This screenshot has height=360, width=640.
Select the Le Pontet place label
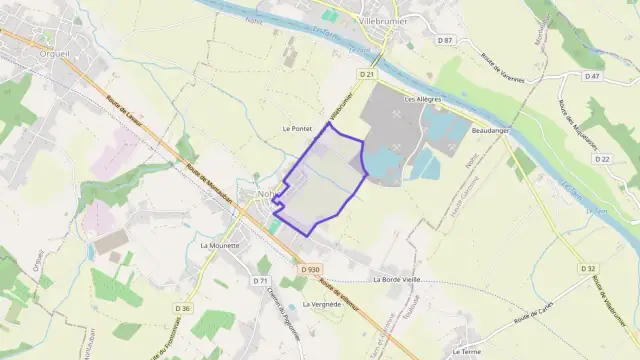(x=298, y=129)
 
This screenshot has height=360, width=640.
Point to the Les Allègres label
(x=421, y=100)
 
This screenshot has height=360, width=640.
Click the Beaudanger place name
(x=491, y=131)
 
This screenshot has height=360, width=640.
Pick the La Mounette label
(x=219, y=245)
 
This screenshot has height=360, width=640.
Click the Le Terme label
(x=467, y=352)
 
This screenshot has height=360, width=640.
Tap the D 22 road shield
(x=602, y=159)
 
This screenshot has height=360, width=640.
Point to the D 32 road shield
(x=589, y=268)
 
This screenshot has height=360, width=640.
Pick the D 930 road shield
(x=310, y=269)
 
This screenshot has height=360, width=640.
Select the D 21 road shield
(x=366, y=74)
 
